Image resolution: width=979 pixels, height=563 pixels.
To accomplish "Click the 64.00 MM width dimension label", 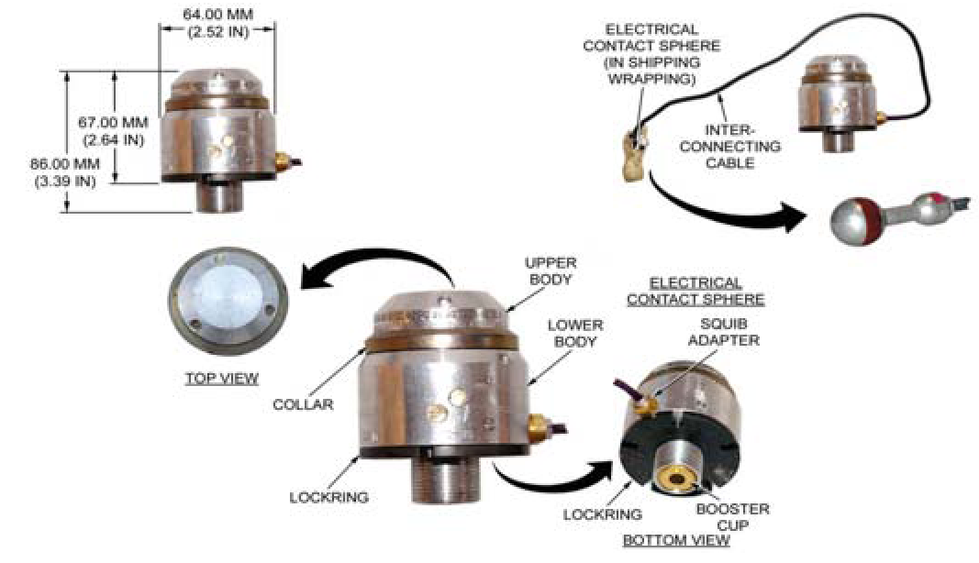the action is point(217,23).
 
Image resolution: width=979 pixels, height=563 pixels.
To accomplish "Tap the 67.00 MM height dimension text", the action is point(113,131).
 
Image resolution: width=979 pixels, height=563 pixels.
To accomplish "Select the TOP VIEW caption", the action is point(222,379).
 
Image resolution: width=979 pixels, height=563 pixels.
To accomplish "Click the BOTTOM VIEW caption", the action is point(676,540).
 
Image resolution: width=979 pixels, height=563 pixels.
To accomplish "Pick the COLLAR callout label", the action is point(303,404).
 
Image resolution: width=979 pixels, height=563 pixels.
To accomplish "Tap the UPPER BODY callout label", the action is point(551,270).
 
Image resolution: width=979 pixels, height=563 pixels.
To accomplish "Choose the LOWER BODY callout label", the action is point(575,333).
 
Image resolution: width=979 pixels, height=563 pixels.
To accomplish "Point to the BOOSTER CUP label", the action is point(732,517).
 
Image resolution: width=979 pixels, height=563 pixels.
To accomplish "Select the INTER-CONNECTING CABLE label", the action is point(729,147).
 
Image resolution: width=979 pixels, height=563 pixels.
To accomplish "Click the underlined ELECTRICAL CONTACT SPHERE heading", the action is point(695,292).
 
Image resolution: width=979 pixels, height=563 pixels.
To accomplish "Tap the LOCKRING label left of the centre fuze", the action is point(328,498).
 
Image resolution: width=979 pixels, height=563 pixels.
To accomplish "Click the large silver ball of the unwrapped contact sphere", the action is point(851,221).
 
